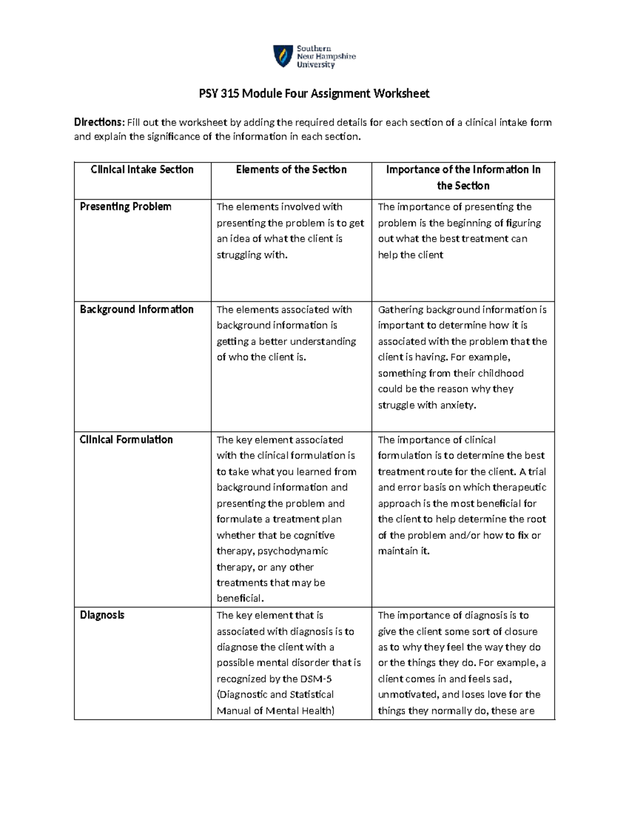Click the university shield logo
click(283, 56)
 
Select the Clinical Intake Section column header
click(142, 169)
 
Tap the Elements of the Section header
click(291, 169)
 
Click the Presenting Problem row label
click(125, 207)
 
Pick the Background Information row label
click(136, 309)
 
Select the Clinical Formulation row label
click(126, 439)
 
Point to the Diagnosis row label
click(102, 615)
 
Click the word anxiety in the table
click(458, 405)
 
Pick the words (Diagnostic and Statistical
click(275, 694)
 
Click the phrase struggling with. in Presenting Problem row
click(252, 255)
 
